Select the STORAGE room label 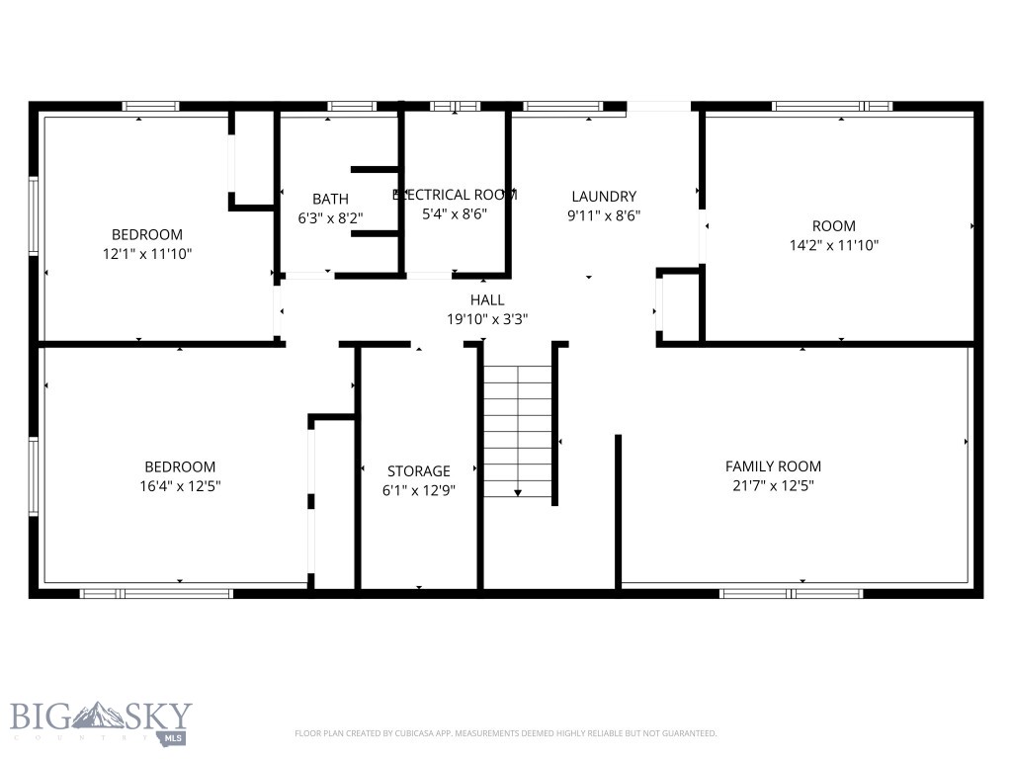[418, 471]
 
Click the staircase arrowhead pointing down [517, 491]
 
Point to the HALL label [487, 300]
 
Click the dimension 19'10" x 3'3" [487, 319]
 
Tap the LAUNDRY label [604, 197]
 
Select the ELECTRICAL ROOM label [455, 195]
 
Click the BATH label [330, 200]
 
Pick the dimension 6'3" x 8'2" [330, 218]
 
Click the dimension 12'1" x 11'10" [146, 254]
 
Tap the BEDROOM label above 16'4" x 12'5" [180, 466]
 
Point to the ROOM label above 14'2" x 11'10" [834, 226]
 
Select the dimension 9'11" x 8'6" [604, 215]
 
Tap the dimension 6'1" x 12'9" [418, 490]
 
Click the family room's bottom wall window [791, 593]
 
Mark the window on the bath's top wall [351, 106]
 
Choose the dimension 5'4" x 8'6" [455, 213]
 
